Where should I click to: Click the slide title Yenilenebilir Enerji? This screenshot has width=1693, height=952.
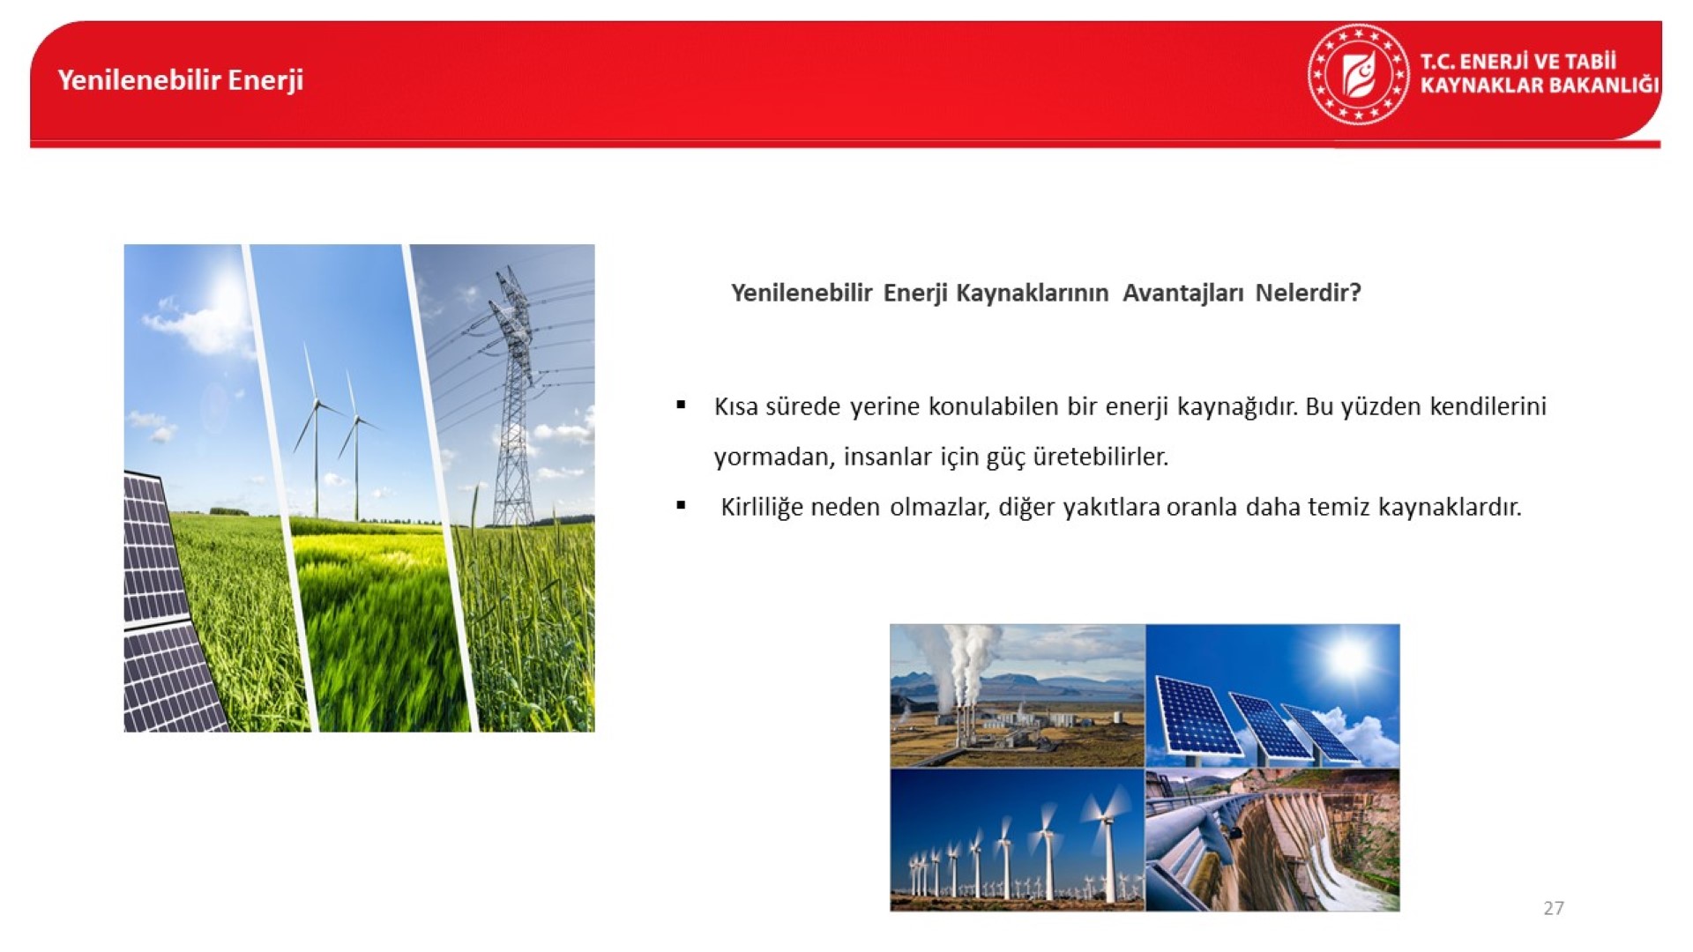coord(181,80)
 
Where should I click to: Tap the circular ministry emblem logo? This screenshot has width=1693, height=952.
coord(1358,74)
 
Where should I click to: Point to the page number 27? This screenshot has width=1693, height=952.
coord(1554,908)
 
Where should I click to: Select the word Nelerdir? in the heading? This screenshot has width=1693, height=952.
coord(1309,293)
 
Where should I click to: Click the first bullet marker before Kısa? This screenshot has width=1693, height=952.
coord(681,405)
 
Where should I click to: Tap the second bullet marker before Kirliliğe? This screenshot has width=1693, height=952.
coord(681,506)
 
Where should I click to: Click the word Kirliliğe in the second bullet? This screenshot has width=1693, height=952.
coord(760,508)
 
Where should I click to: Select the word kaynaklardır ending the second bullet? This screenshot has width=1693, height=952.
coord(1450,508)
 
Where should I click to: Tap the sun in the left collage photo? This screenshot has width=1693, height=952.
coord(225,295)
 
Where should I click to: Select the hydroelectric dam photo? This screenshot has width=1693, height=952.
coord(1272,839)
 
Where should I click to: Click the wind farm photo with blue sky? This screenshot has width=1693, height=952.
coord(1018,839)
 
